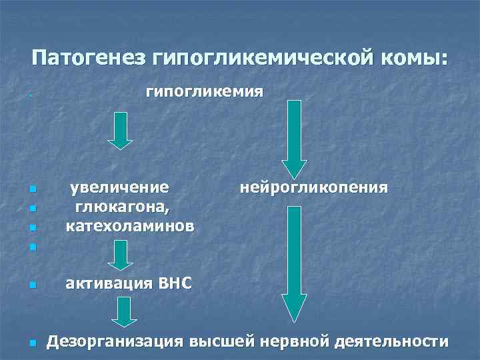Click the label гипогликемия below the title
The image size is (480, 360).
tap(204, 91)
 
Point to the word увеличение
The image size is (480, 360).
tap(121, 188)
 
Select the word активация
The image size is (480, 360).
tap(108, 284)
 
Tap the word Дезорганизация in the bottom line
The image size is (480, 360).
tap(115, 342)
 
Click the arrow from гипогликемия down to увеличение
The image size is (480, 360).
tap(121, 131)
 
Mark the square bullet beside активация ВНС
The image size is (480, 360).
tap(33, 285)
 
